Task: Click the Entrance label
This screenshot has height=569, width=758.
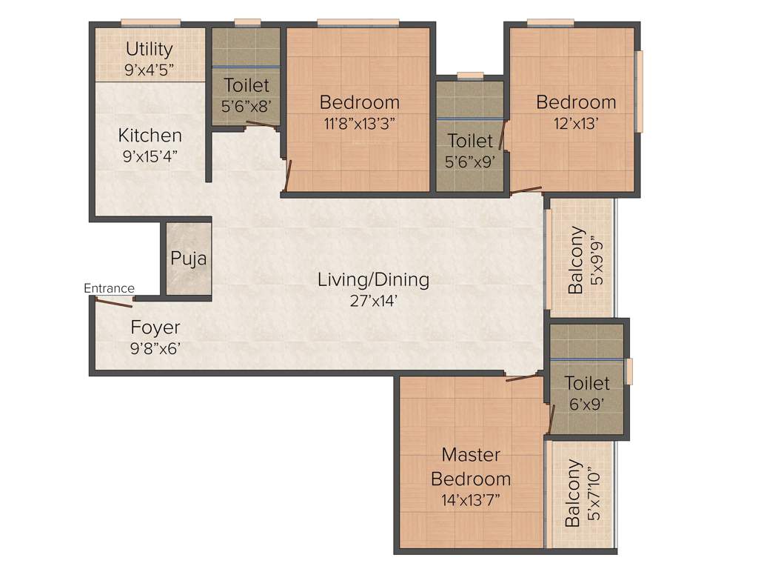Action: [x=109, y=288]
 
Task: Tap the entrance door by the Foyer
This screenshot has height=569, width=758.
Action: [x=113, y=302]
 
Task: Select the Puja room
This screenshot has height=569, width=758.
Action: [x=188, y=259]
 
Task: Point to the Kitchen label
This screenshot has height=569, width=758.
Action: [x=150, y=136]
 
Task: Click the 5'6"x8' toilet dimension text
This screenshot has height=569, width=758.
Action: [x=246, y=105]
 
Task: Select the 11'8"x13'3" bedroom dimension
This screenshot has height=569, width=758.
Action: [x=360, y=123]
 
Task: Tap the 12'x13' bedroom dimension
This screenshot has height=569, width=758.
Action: [x=576, y=122]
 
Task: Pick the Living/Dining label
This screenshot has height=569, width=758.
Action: [x=373, y=280]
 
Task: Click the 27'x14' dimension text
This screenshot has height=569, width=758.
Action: [x=373, y=301]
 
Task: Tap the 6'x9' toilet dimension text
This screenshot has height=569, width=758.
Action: [x=587, y=404]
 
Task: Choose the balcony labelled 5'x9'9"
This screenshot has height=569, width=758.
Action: [x=581, y=259]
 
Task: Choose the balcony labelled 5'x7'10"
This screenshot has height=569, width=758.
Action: [x=581, y=493]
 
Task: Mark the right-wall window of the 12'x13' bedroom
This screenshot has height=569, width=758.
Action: [x=640, y=91]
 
